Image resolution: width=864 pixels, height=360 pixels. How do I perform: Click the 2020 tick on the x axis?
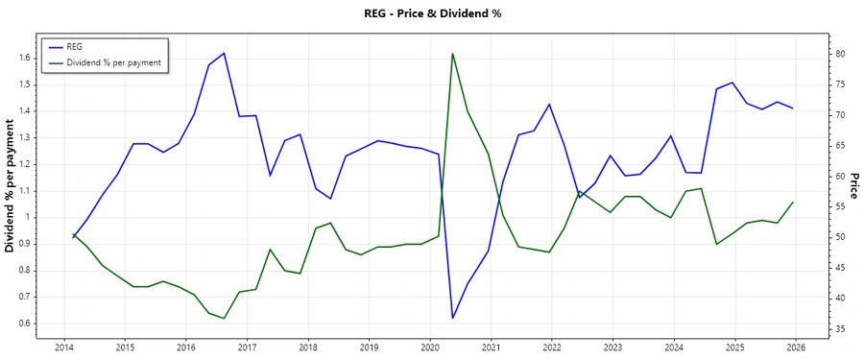pos(430,348)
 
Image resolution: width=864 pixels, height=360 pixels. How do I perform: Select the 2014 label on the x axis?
pos(64,348)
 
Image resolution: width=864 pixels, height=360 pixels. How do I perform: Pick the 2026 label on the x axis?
pos(796,348)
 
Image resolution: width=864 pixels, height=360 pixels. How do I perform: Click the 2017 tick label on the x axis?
pos(247,348)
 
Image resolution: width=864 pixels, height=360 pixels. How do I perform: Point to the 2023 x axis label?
pos(612,348)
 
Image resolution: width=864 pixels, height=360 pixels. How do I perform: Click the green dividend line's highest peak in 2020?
pos(452,54)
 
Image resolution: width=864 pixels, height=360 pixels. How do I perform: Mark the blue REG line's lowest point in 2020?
pos(452,318)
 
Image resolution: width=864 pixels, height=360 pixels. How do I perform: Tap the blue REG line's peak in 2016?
pos(224,53)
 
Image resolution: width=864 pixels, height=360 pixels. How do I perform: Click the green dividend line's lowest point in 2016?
pos(224,318)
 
